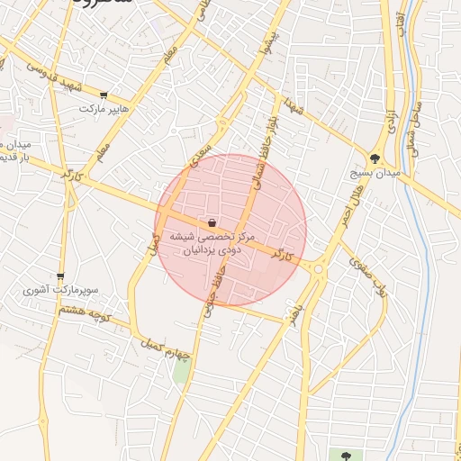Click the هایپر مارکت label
point(104,109)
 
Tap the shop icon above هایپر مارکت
point(104,95)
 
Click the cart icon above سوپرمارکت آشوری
point(60,276)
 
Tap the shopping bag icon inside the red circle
point(211,222)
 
